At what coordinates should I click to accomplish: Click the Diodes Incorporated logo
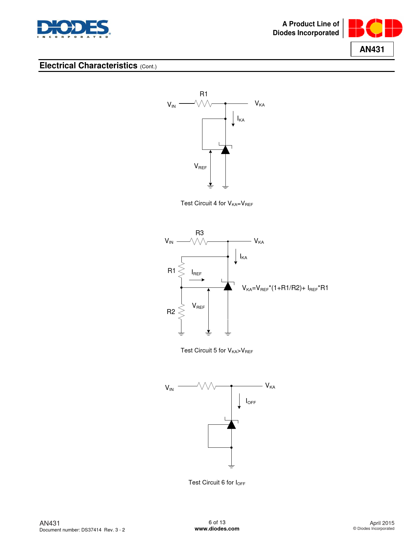(x=74, y=29)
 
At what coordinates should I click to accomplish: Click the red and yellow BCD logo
(x=375, y=28)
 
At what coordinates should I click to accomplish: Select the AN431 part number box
(x=372, y=49)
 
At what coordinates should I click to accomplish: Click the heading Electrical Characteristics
(x=88, y=66)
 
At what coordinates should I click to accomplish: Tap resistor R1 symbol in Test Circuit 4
(x=203, y=103)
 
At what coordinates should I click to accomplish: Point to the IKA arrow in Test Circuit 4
(x=233, y=119)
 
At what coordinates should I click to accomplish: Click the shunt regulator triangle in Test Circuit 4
(x=225, y=150)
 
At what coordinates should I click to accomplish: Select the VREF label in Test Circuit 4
(x=200, y=167)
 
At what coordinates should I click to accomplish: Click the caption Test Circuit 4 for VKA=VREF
(x=217, y=204)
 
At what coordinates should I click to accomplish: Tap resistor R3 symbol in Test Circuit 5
(x=199, y=241)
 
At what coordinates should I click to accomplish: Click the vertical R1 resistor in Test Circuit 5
(x=181, y=271)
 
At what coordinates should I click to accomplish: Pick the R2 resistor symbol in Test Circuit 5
(x=181, y=312)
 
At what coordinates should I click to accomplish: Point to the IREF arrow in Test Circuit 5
(x=197, y=280)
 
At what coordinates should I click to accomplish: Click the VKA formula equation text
(x=285, y=288)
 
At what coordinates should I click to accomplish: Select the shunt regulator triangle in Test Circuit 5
(x=228, y=286)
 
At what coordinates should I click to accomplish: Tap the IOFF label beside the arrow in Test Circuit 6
(x=251, y=401)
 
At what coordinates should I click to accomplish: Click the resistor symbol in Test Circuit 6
(x=207, y=386)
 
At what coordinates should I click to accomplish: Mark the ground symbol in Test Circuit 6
(x=231, y=466)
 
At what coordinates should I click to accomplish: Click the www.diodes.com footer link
(x=217, y=529)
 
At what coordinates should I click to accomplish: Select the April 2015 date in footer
(x=382, y=523)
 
